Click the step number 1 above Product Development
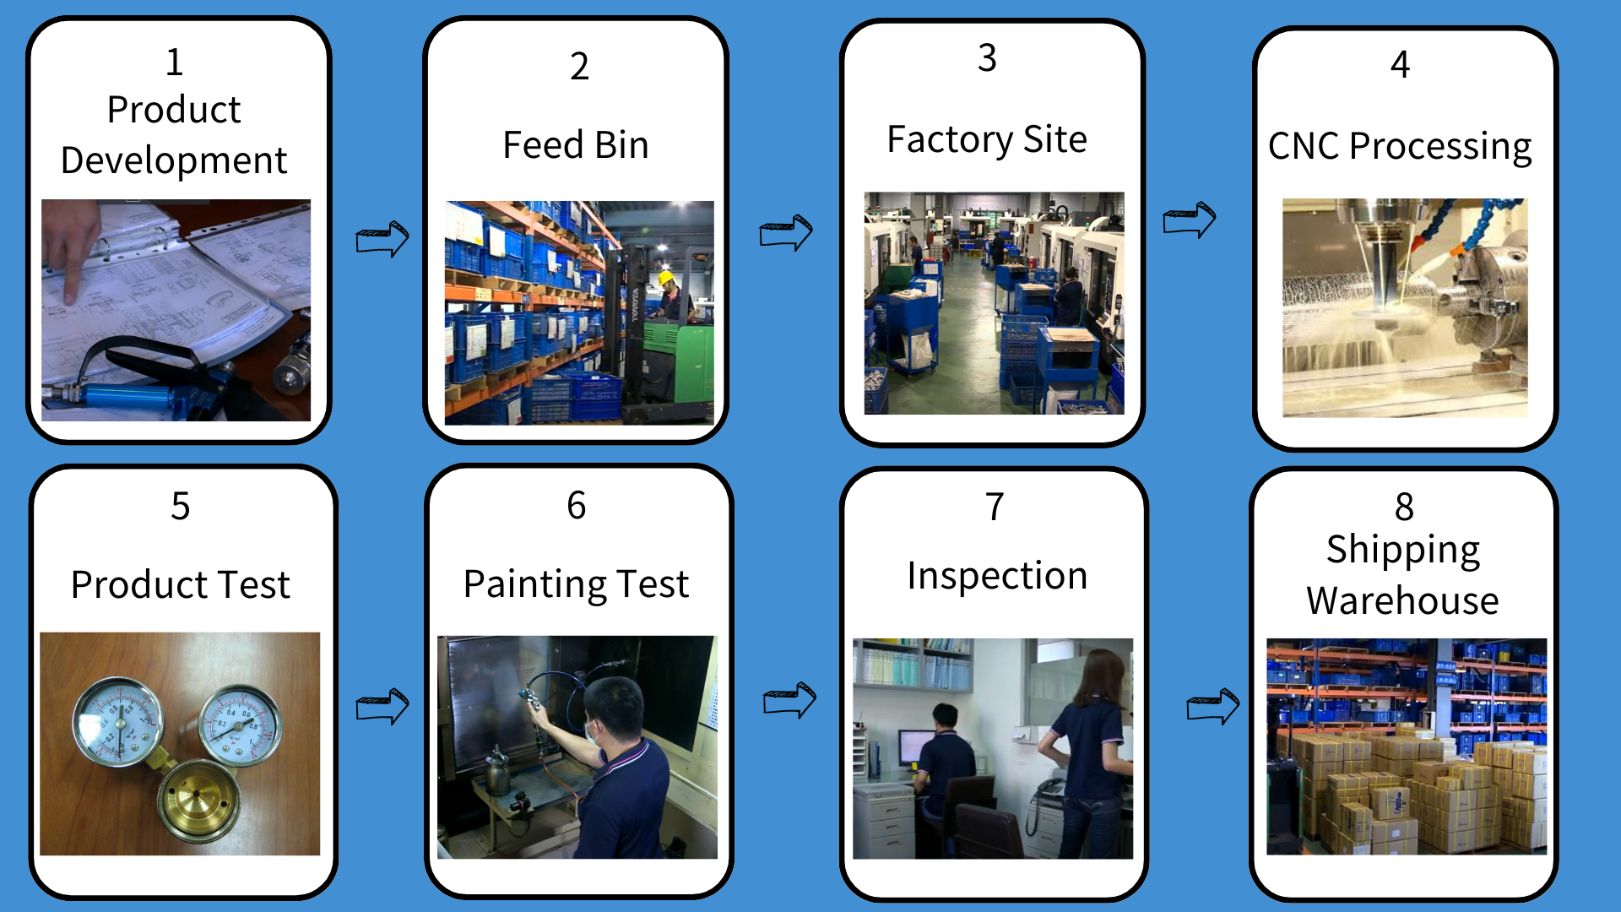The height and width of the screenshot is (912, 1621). tap(174, 62)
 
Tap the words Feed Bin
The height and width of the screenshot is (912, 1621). tap(576, 144)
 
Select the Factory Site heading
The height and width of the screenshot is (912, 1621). tap(987, 139)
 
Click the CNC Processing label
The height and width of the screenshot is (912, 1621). tap(1400, 147)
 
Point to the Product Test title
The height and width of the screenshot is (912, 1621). tap(181, 584)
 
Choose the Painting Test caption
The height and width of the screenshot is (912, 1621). tap(577, 584)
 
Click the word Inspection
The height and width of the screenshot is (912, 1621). tap(997, 576)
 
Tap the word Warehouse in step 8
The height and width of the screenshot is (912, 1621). tap(1402, 600)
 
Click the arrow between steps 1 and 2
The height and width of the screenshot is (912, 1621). tap(382, 239)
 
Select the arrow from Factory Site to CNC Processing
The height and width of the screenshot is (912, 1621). tap(1190, 220)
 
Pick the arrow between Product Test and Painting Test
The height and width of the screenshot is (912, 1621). tap(382, 706)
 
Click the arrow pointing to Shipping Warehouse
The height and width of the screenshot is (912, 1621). tap(1213, 706)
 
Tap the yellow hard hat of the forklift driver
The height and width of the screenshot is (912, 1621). tap(666, 278)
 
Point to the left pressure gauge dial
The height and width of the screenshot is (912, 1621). tap(117, 720)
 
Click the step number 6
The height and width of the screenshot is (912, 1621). tap(577, 505)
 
